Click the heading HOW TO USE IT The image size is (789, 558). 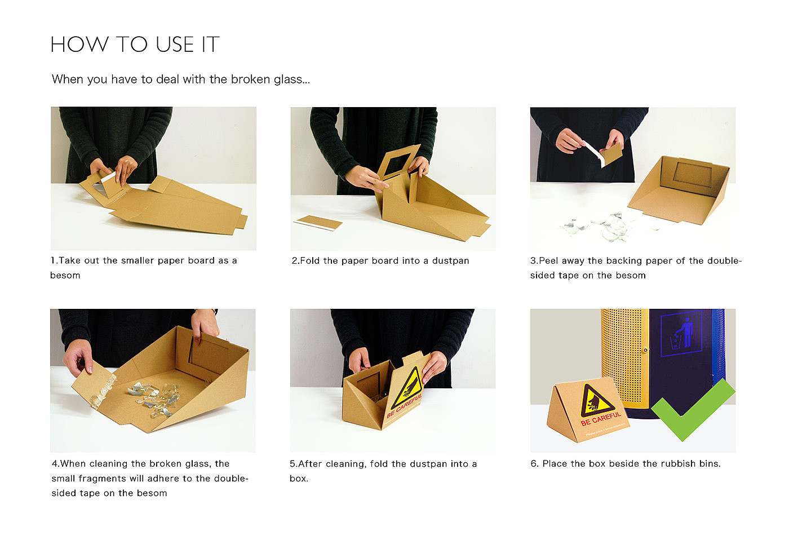tap(135, 45)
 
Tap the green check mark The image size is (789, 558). tap(693, 410)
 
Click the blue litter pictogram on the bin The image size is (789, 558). tap(681, 333)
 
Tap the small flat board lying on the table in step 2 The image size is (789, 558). tap(318, 223)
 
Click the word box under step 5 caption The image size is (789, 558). tap(298, 479)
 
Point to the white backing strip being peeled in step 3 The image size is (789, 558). tap(594, 153)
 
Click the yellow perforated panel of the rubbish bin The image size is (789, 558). tap(624, 356)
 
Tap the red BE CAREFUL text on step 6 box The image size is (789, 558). tap(601, 419)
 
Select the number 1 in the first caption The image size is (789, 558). tap(53, 260)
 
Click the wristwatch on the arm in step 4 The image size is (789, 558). tap(215, 311)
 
